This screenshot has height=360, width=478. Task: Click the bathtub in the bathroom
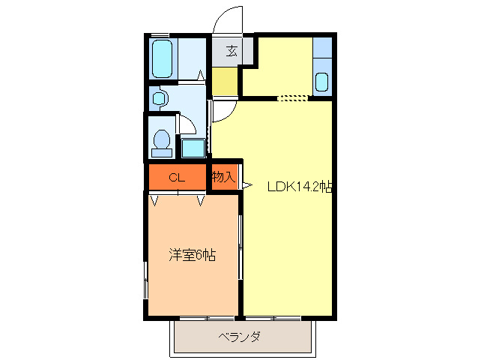[163, 58]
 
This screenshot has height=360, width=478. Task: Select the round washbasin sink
[158, 98]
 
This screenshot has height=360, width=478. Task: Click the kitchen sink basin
[322, 82]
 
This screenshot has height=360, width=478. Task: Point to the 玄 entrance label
[232, 51]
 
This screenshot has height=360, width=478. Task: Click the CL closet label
[176, 178]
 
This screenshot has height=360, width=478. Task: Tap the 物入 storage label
[223, 178]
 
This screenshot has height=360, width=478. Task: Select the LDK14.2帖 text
[300, 187]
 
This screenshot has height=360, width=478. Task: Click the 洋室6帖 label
[192, 255]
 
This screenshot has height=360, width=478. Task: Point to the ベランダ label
[240, 337]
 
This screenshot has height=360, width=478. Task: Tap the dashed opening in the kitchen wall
[292, 97]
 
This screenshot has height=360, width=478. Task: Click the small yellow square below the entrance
[224, 82]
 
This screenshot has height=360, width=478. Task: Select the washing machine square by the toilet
[193, 147]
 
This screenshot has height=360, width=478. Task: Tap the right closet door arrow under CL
[201, 199]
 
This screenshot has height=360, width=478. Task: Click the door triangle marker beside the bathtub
[201, 75]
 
